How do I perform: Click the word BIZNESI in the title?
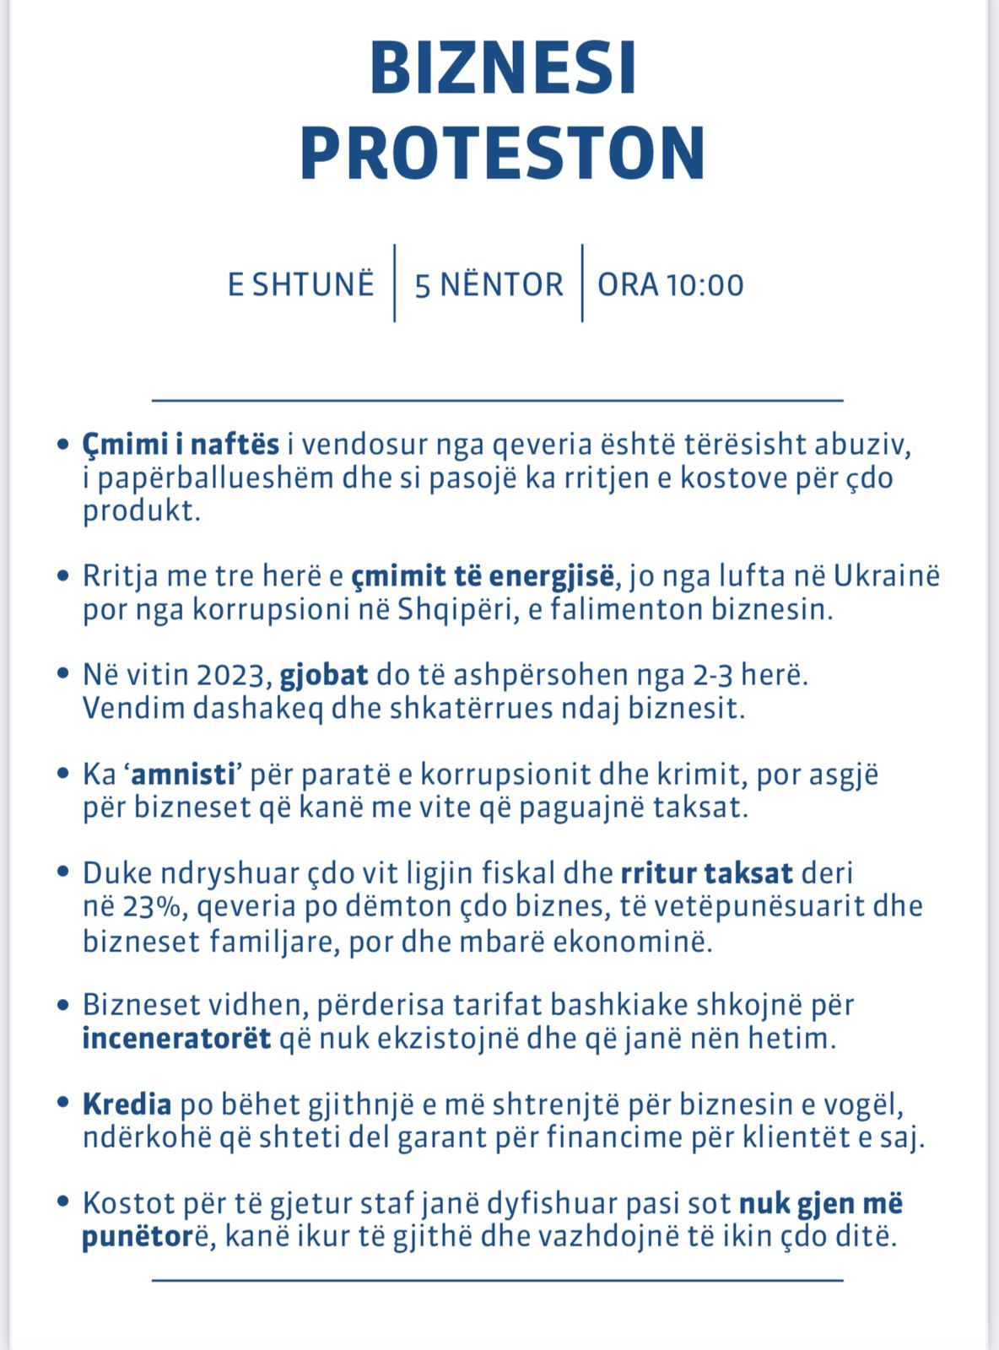[x=503, y=69]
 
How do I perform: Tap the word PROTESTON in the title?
[x=503, y=154]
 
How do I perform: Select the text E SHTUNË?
[x=300, y=284]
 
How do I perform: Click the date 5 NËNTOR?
[x=489, y=284]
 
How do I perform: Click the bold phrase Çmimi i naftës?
[x=181, y=445]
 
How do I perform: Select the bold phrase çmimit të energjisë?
[x=483, y=576]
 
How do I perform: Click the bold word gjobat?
[x=324, y=676]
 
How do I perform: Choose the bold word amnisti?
[x=182, y=774]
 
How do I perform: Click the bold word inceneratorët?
[x=176, y=1038]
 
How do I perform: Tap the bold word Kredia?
[x=127, y=1104]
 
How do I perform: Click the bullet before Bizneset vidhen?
[x=62, y=1006]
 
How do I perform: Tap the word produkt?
[x=141, y=511]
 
